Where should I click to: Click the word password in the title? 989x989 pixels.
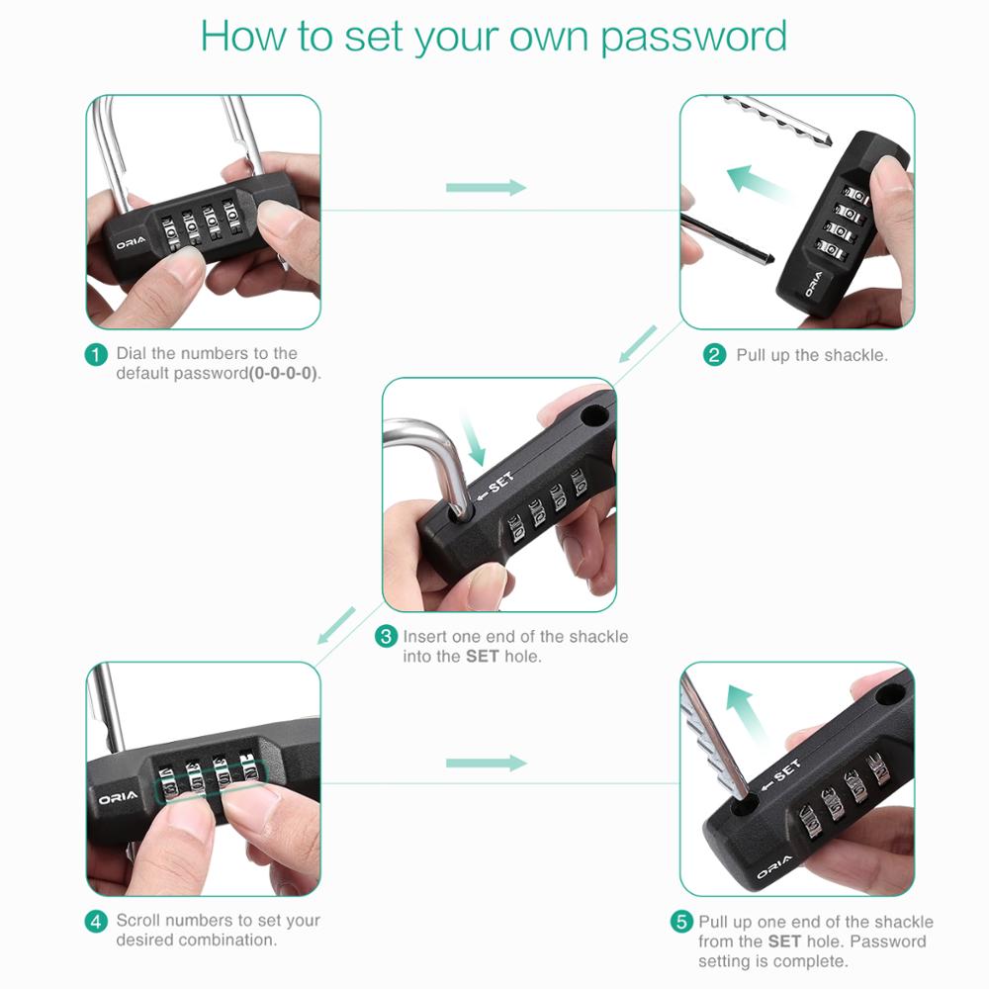point(693,37)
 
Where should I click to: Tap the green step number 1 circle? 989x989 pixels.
point(96,354)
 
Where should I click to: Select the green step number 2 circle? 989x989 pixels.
point(715,355)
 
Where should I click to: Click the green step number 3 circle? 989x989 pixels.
point(387,637)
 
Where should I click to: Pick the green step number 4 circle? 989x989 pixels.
point(96,921)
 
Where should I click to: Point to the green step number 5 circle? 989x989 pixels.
point(681,922)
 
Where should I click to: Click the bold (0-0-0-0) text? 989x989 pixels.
point(285,374)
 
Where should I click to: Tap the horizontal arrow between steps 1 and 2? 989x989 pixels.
point(486,188)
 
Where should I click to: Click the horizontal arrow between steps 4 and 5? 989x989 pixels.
point(486,763)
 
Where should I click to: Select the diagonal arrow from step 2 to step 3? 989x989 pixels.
point(638,343)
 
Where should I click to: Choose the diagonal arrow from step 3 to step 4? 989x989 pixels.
point(336,625)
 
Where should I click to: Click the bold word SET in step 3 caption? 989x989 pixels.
point(482,657)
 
